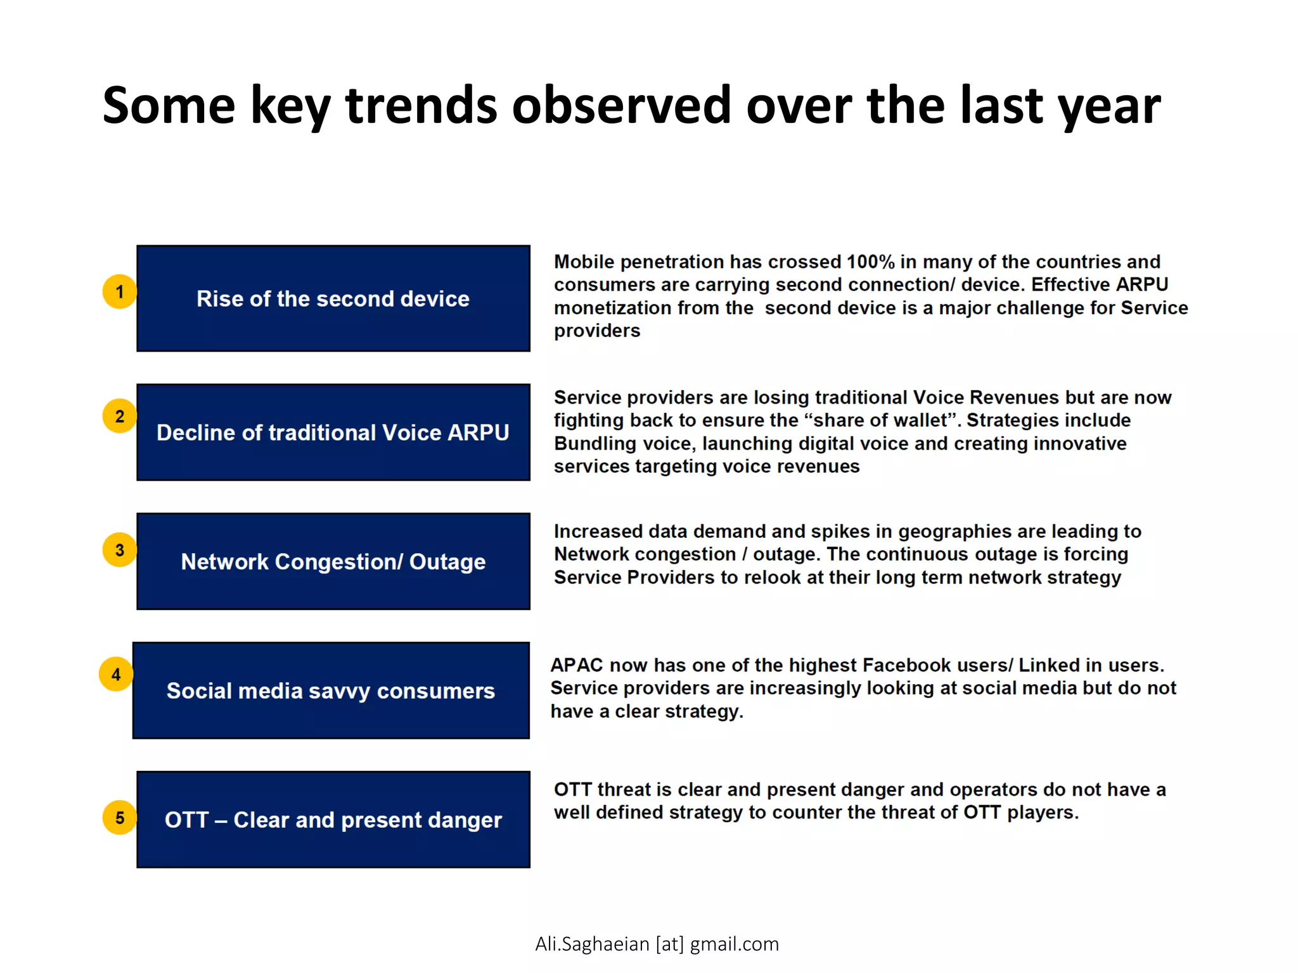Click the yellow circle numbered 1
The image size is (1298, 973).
[119, 291]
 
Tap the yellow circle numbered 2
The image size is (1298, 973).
[119, 416]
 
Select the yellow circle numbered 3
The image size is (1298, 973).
[119, 550]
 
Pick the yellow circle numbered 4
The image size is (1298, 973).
[116, 674]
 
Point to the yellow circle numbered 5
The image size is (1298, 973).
[119, 818]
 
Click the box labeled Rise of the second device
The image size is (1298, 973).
[333, 298]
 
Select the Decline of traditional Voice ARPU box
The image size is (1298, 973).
[333, 433]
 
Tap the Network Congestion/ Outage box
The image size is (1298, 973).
[333, 562]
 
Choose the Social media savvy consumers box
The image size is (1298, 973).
[330, 690]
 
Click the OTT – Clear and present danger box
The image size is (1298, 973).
[333, 820]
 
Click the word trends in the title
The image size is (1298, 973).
[421, 105]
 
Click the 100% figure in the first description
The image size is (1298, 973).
[870, 262]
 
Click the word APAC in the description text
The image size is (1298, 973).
[577, 665]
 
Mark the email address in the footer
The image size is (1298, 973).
[657, 944]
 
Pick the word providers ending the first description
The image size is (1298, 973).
[597, 331]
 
